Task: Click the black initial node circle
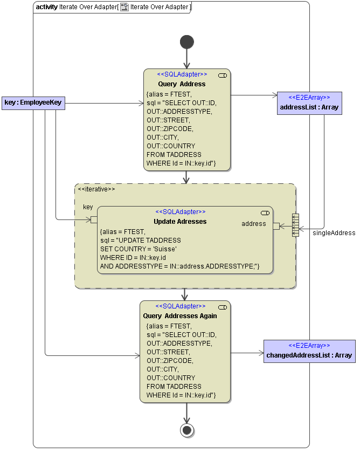tap(187, 42)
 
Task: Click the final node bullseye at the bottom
tap(187, 430)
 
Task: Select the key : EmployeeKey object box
tap(33, 102)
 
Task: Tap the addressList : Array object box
tap(309, 102)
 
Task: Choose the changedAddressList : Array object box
tap(309, 351)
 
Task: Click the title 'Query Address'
tap(182, 84)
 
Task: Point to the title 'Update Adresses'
tap(180, 222)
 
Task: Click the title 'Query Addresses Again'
tap(180, 316)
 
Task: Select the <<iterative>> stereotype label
tap(96, 189)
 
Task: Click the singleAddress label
tap(334, 233)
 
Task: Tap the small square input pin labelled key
tap(94, 219)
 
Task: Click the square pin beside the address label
tap(276, 226)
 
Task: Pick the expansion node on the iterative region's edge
tap(295, 225)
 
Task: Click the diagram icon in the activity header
tap(124, 7)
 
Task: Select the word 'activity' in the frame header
tap(47, 7)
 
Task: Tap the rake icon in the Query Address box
tap(222, 75)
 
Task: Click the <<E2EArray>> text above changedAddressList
tap(309, 345)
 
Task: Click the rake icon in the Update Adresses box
tap(265, 212)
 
